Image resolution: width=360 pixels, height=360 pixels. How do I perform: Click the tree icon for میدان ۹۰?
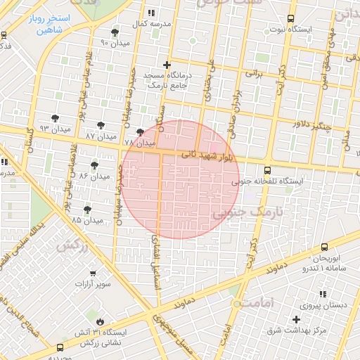115,32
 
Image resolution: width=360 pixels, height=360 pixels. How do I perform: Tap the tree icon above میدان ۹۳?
56,118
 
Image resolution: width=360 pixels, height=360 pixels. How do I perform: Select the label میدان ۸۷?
100,134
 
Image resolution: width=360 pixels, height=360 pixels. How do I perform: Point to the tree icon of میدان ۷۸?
140,131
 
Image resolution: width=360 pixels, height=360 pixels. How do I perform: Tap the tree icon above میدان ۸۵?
88,210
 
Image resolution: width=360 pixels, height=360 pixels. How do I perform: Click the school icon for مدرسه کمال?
150,13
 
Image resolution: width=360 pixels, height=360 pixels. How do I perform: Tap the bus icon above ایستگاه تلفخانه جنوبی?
267,170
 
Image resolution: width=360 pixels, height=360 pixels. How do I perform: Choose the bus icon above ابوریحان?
324,247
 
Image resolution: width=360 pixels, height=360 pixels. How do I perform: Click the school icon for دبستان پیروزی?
323,295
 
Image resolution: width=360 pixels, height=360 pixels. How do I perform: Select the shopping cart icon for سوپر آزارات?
91,271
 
